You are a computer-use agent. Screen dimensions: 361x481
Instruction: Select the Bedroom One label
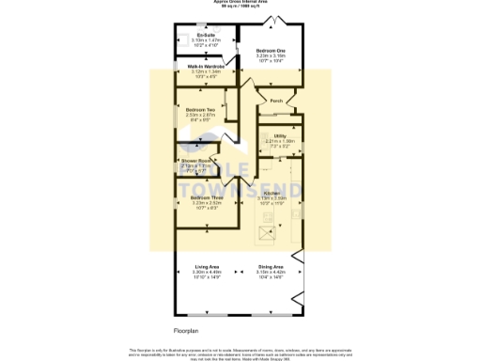pyautogui.click(x=272, y=50)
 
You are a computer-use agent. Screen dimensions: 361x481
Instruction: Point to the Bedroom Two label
pyautogui.click(x=201, y=110)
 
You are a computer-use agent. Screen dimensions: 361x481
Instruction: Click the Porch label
pyautogui.click(x=276, y=101)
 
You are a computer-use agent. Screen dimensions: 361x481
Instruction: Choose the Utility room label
pyautogui.click(x=280, y=135)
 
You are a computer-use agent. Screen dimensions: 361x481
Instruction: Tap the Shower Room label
pyautogui.click(x=196, y=161)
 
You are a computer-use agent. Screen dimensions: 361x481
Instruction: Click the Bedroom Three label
pyautogui.click(x=207, y=197)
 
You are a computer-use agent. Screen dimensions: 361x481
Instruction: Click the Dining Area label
pyautogui.click(x=272, y=267)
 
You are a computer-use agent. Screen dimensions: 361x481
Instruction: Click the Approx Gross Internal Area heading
pyautogui.click(x=240, y=2)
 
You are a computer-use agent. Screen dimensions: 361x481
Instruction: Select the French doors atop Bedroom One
pyautogui.click(x=274, y=20)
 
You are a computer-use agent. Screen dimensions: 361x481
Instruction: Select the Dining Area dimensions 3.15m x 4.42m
pyautogui.click(x=272, y=272)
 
